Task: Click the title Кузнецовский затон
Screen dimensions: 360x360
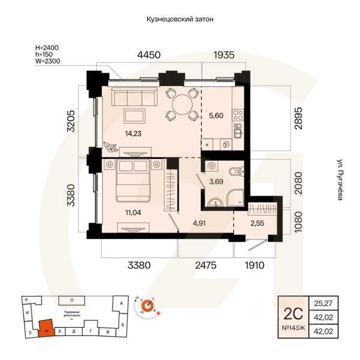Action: click(180, 19)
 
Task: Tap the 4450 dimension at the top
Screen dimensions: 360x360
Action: click(149, 55)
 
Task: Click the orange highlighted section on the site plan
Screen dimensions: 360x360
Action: click(44, 328)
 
